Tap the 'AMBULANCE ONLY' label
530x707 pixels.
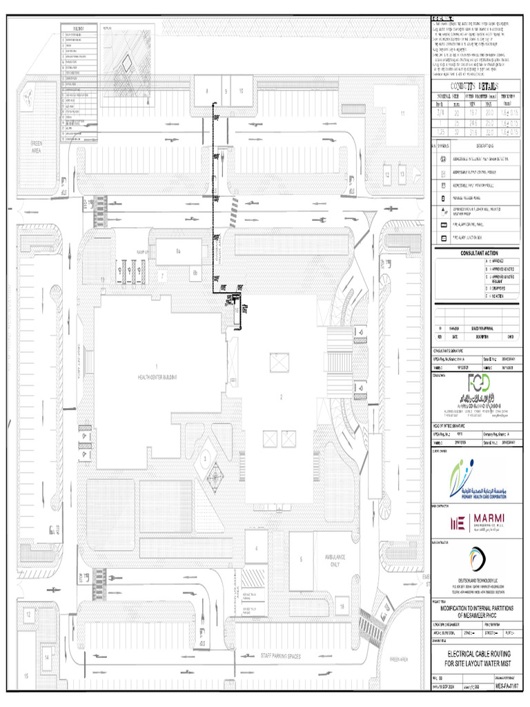329,560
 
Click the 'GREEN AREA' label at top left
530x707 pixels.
36,147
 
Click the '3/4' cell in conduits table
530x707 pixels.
440,112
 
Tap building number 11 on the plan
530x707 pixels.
402,113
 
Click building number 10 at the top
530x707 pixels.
242,90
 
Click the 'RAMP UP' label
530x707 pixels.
143,253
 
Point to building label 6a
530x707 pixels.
177,251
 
